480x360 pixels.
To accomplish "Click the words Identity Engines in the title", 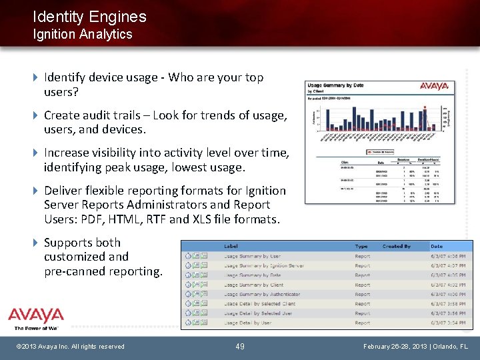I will point(89,17).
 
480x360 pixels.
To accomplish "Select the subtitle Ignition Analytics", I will point(83,34).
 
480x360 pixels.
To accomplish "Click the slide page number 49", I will point(240,347).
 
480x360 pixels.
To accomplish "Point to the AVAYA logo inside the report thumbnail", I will point(434,86).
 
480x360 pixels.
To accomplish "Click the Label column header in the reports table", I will point(231,246).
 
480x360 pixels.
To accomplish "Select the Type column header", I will point(361,246).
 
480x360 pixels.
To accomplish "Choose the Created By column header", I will point(397,246).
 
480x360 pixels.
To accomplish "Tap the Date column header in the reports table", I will point(437,246).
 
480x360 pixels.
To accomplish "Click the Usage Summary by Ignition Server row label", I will point(264,265).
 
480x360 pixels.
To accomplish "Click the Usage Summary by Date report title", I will point(336,85).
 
